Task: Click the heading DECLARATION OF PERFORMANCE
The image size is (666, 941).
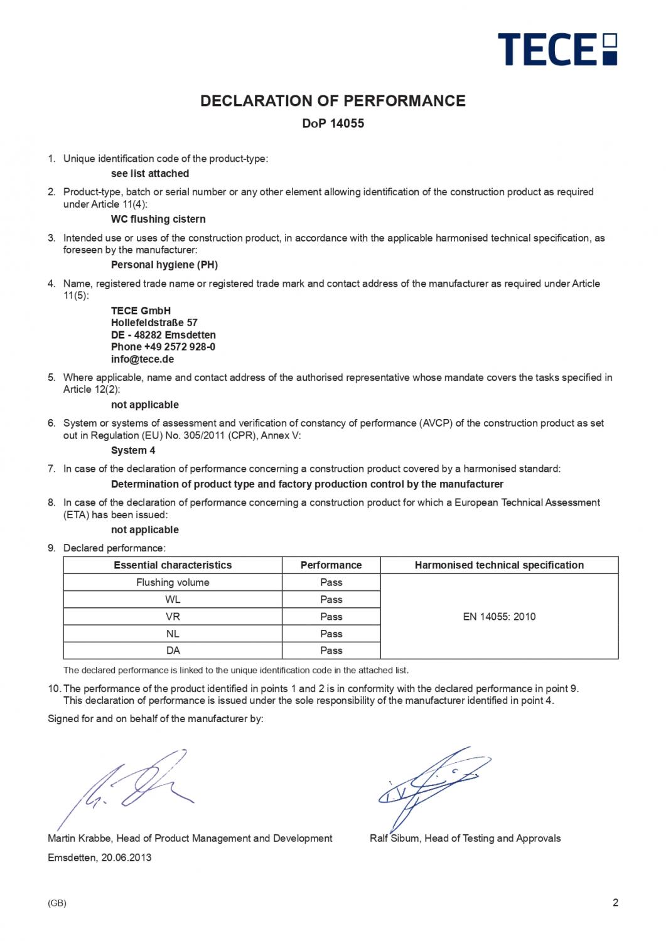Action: click(333, 101)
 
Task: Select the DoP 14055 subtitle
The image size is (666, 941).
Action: click(333, 124)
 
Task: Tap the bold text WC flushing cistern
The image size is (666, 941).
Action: click(158, 219)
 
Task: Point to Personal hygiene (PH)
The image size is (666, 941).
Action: click(164, 265)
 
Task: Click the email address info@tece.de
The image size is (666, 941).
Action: click(142, 359)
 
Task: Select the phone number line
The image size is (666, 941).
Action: click(163, 347)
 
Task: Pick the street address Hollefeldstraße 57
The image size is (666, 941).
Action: click(154, 322)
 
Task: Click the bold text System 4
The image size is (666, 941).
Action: click(133, 450)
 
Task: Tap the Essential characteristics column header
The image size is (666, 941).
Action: click(173, 565)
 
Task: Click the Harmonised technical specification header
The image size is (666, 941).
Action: click(499, 565)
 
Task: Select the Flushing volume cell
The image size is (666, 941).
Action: click(173, 582)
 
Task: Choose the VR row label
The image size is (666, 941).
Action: click(173, 617)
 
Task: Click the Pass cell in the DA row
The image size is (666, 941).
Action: click(331, 651)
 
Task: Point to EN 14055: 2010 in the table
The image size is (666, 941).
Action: click(499, 617)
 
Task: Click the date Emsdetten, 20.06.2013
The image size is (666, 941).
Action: click(100, 857)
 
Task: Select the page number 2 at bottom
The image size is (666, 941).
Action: click(615, 903)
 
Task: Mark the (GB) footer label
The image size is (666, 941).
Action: click(57, 903)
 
